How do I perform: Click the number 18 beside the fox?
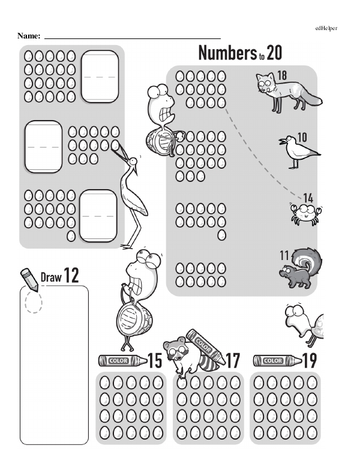[281, 76]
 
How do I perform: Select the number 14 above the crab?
[308, 198]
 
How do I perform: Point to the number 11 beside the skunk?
[285, 255]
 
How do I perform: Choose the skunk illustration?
[301, 267]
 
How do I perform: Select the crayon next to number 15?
[122, 361]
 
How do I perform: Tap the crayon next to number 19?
[277, 361]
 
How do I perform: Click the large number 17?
[232, 361]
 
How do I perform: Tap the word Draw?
[51, 277]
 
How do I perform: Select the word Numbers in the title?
[227, 53]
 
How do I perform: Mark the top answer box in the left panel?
[100, 76]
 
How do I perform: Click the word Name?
[29, 36]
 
